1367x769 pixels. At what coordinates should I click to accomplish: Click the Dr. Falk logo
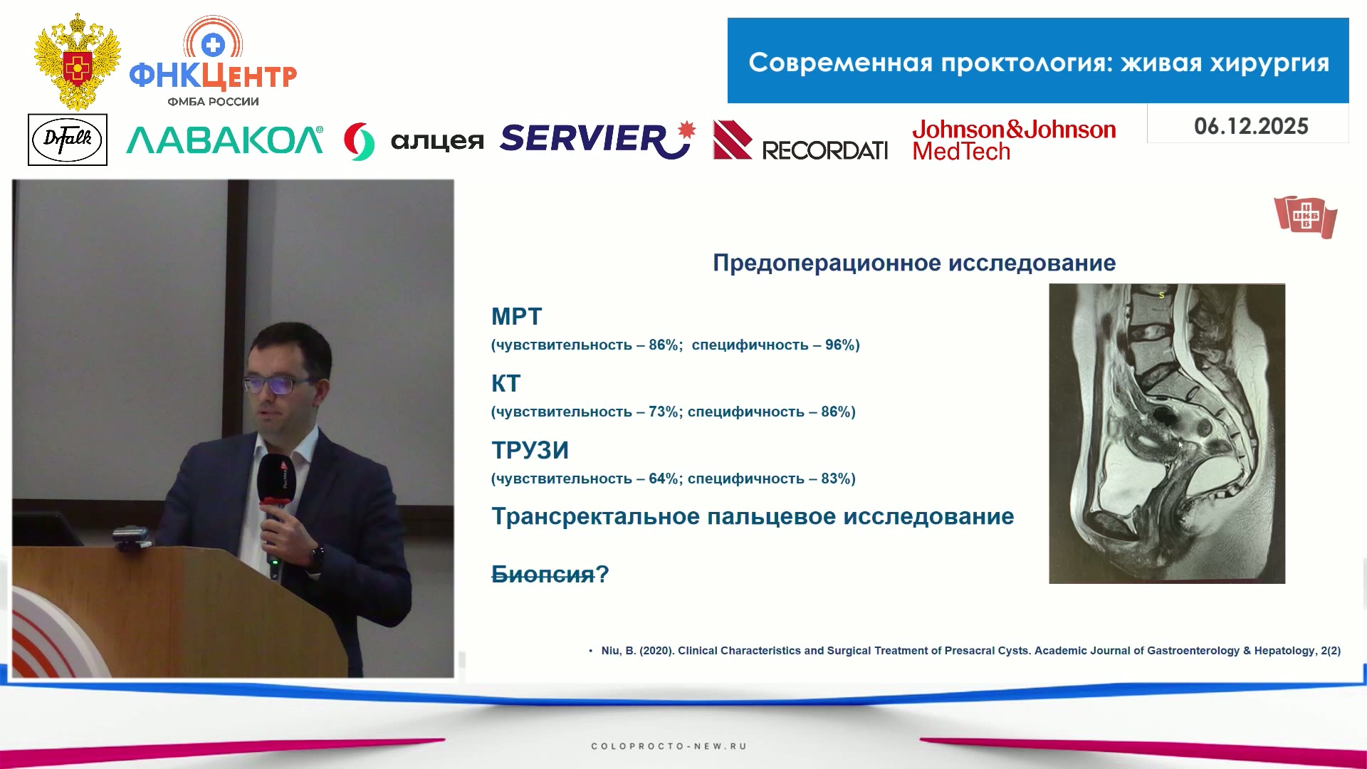pos(68,140)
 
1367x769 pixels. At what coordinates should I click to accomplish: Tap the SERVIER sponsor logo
pos(597,139)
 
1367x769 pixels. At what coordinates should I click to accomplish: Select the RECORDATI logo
pos(800,140)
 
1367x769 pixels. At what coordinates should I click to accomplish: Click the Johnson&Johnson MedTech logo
pos(1014,140)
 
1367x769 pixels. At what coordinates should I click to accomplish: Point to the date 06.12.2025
pos(1251,126)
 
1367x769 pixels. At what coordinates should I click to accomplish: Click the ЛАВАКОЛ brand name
pos(225,140)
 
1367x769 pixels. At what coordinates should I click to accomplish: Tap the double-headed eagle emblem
pos(78,61)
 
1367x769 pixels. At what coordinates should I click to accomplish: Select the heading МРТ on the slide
pos(517,316)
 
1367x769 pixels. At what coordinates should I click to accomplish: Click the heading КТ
pos(506,383)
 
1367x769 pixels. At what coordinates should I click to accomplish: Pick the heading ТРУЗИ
pos(530,450)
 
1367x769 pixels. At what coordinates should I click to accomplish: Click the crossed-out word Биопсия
pos(543,574)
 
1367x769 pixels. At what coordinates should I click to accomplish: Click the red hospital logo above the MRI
pos(1306,216)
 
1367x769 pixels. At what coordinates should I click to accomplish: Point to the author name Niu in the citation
pos(611,651)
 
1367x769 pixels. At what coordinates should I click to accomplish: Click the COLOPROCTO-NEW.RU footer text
pos(669,746)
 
